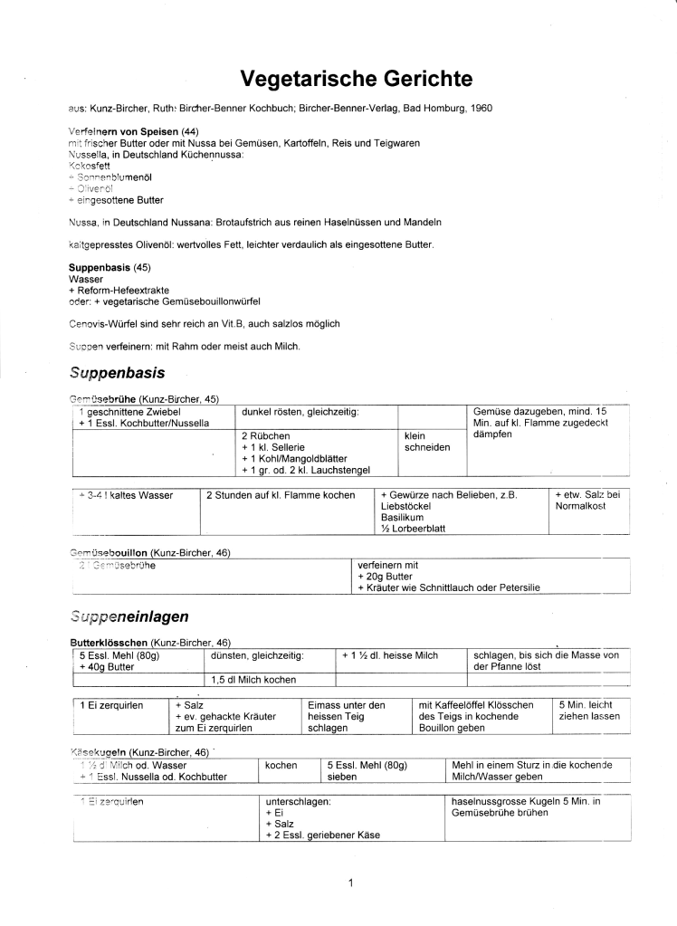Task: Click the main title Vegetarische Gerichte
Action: tap(357, 79)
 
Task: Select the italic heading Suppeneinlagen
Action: tap(129, 616)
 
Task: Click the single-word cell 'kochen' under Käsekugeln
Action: tap(281, 765)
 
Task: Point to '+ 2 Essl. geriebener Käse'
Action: tap(322, 835)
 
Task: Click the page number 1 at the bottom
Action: tap(350, 883)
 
